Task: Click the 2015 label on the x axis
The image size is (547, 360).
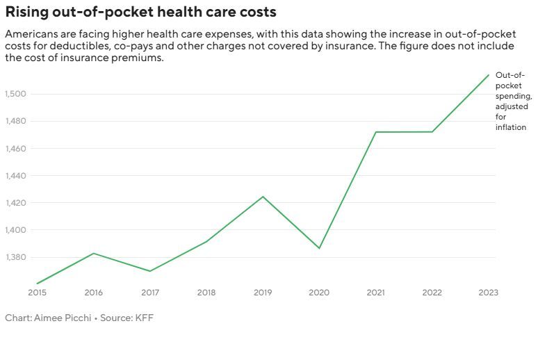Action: click(x=37, y=293)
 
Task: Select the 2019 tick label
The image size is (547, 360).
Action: click(x=263, y=293)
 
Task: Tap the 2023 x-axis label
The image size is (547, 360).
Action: click(x=489, y=293)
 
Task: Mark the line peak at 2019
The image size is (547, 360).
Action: click(x=263, y=197)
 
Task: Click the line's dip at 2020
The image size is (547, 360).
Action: click(x=320, y=248)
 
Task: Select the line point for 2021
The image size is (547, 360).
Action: click(x=376, y=132)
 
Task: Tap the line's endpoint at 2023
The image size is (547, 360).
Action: click(x=489, y=74)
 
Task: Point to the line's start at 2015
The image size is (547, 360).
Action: click(x=37, y=284)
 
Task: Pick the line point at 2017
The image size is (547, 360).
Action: click(x=150, y=271)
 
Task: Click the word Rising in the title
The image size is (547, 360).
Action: click(x=26, y=12)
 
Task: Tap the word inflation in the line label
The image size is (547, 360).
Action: click(x=511, y=127)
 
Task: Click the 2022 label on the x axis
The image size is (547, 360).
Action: click(x=432, y=293)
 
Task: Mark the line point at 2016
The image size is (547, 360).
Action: click(x=93, y=253)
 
